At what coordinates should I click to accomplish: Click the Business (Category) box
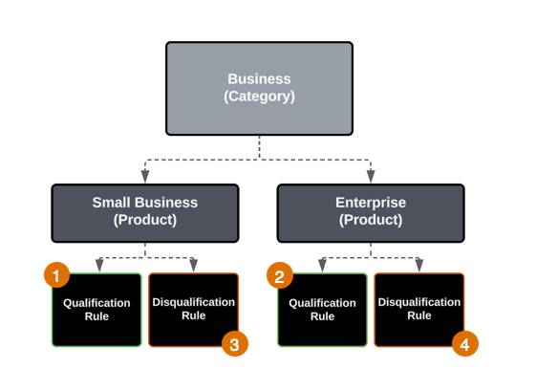[259, 88]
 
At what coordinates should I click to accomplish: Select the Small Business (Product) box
[144, 212]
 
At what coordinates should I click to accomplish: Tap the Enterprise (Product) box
[371, 212]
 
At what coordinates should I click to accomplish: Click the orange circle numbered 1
[57, 276]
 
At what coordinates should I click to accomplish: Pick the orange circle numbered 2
[280, 276]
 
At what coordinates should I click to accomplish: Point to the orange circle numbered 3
[234, 343]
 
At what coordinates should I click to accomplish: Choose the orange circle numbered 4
[464, 344]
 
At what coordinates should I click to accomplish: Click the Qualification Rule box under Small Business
[96, 310]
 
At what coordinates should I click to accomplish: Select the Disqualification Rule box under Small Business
[193, 310]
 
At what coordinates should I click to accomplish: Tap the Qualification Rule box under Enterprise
[322, 310]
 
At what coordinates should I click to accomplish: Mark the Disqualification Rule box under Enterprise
[418, 310]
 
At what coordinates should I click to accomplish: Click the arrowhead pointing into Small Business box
[144, 177]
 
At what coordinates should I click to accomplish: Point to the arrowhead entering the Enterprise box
[371, 177]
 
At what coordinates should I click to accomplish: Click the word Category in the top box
[260, 97]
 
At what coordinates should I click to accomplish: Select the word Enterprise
[371, 203]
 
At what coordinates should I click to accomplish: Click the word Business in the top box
[259, 78]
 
